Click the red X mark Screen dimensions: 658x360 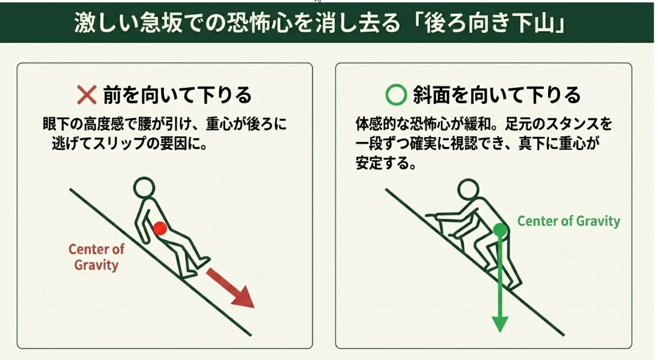coord(87,94)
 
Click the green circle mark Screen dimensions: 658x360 coord(396,94)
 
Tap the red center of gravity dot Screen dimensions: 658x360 coord(160,228)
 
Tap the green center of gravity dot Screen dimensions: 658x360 coord(500,230)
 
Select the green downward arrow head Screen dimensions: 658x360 coord(500,323)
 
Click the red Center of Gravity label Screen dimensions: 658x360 coord(96,257)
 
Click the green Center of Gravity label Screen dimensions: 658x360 coord(568,221)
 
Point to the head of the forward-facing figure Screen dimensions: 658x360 coord(144,187)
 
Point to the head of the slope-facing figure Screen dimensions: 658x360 coord(468,189)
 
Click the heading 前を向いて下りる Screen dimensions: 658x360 coord(177,95)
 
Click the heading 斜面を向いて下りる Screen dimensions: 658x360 coord(497,95)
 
